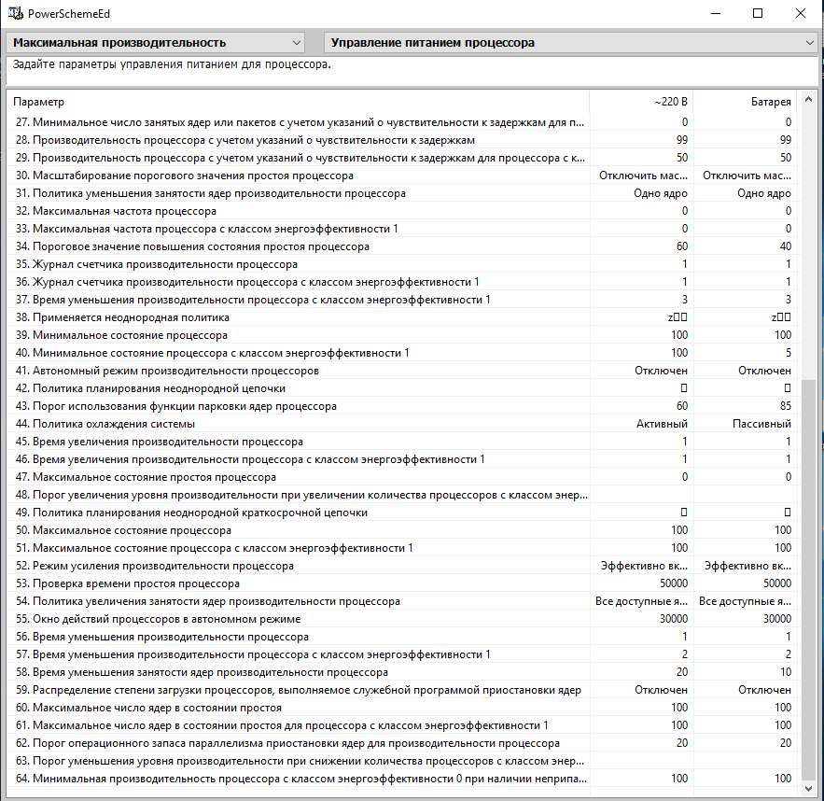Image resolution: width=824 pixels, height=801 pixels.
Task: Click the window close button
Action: (x=801, y=13)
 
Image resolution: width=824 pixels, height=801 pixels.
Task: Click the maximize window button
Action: (x=758, y=13)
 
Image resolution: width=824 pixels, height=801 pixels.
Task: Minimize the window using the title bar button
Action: (x=715, y=13)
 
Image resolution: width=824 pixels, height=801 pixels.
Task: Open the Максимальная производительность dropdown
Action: (x=157, y=43)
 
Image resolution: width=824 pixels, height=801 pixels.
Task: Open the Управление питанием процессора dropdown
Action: (x=570, y=43)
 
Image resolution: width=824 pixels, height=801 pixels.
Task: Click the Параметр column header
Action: (x=299, y=101)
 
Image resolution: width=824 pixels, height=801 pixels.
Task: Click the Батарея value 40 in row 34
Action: (x=785, y=246)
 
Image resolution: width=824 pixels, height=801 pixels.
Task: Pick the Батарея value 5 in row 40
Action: (x=788, y=353)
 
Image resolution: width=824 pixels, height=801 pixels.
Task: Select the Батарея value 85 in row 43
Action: (x=785, y=406)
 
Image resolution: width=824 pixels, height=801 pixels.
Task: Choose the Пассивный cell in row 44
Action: (x=761, y=424)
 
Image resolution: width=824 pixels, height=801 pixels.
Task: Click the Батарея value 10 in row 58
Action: (x=785, y=672)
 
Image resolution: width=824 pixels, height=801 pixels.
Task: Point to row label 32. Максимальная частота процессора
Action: (x=117, y=211)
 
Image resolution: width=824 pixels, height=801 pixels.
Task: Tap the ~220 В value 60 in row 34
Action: (x=681, y=246)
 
